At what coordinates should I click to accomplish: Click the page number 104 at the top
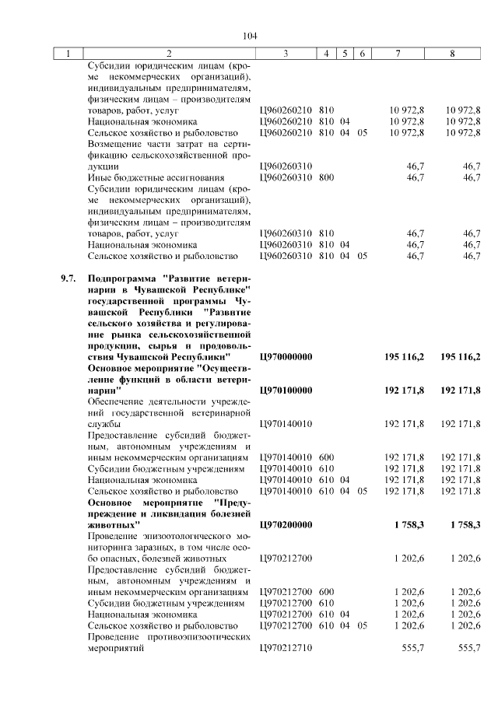[250, 36]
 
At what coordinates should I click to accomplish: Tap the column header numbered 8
[453, 54]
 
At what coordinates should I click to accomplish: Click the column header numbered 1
[68, 54]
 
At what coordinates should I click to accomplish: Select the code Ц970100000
[285, 389]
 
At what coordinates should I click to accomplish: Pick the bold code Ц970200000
[285, 524]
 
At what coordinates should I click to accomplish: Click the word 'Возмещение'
[116, 144]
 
